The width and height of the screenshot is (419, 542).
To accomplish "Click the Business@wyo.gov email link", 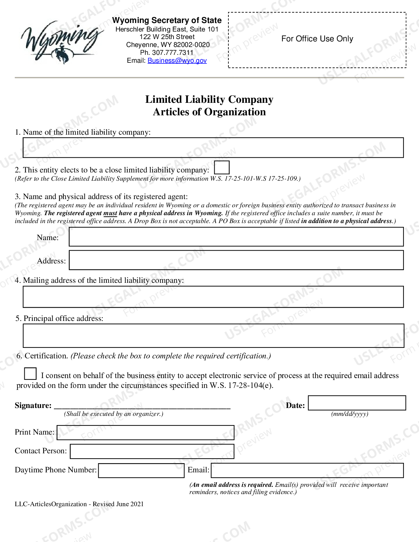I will point(177,60).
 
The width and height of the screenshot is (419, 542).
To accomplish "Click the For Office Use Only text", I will point(317,39).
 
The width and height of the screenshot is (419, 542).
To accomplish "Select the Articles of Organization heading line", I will point(209,112).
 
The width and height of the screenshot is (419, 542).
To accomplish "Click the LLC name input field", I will point(213,148).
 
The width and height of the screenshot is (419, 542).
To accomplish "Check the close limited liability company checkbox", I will point(222,168).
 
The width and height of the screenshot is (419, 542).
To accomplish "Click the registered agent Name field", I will point(236,237).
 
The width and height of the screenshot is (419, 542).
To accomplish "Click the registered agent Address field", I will point(236,260).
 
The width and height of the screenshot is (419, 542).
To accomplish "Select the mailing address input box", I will point(213,297).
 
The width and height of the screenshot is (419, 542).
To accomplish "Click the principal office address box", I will point(213,336).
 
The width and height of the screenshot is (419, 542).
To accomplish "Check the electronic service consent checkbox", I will point(30,374).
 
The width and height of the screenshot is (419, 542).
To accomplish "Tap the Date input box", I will point(357,403).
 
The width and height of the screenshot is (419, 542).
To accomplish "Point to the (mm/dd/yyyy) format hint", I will point(350,414).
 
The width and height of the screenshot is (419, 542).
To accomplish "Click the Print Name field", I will point(145,433).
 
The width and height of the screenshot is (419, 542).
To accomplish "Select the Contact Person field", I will point(152,451).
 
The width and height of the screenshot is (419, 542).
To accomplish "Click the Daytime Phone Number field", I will point(141,470).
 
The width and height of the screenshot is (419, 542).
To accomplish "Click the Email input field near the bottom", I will point(307,470).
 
